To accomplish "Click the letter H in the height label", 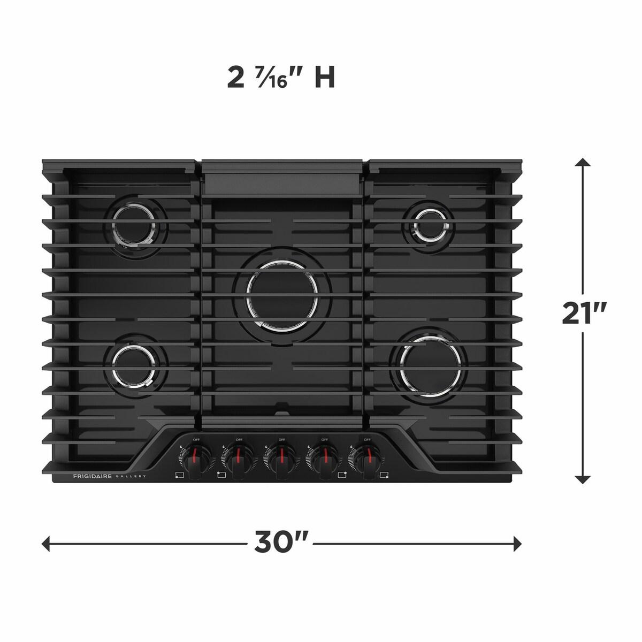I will [324, 78].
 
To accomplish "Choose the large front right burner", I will [431, 366].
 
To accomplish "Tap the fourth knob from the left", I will [324, 458].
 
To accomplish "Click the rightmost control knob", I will [366, 458].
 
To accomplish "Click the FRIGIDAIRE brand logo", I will [92, 476].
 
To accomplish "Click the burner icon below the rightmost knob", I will [384, 475].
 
